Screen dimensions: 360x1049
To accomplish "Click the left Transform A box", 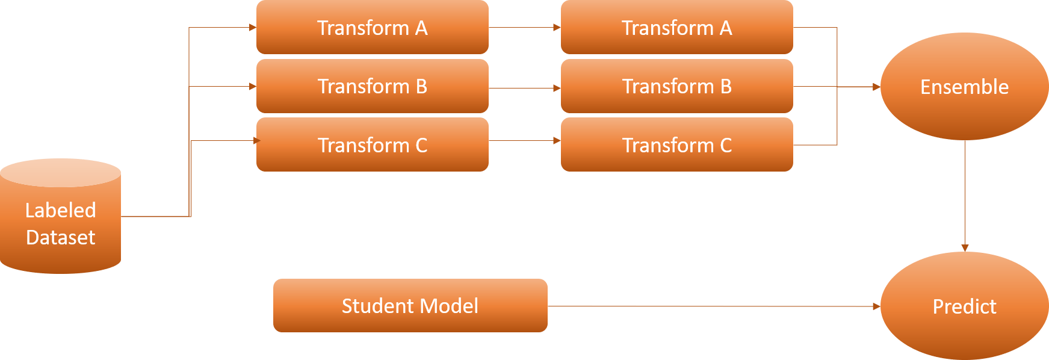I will click(x=372, y=28).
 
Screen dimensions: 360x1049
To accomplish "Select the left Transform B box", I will click(x=372, y=86).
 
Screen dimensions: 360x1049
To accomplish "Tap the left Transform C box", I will click(x=372, y=145).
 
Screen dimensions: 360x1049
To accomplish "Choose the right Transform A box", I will click(x=676, y=28).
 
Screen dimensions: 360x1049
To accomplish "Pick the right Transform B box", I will click(x=676, y=86).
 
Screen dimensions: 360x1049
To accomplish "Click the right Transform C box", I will click(x=676, y=145).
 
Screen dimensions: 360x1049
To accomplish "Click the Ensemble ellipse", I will click(x=964, y=87).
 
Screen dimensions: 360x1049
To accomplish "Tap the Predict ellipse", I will click(x=964, y=306).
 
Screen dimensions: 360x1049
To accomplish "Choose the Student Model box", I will click(x=410, y=306).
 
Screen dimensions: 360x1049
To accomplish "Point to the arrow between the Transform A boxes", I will click(x=524, y=28).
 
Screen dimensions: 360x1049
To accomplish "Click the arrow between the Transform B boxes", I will click(x=524, y=88).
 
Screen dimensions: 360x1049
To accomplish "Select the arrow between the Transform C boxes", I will click(x=524, y=141).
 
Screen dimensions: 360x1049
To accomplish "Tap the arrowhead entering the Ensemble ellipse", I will click(x=876, y=87).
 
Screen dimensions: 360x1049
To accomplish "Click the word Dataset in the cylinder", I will click(x=60, y=237).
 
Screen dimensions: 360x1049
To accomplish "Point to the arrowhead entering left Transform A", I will click(x=253, y=28).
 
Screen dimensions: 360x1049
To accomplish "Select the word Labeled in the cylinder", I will click(x=60, y=210).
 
